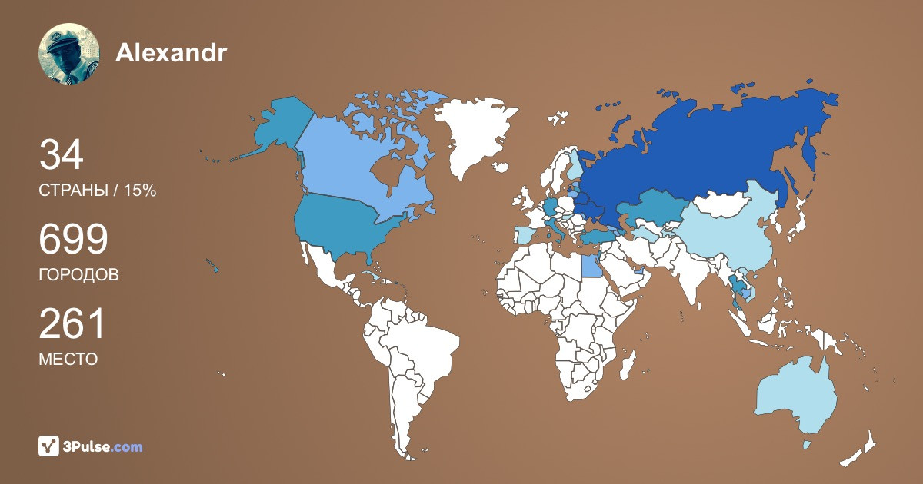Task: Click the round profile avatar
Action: [69, 54]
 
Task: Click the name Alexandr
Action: [172, 52]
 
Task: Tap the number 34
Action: [62, 156]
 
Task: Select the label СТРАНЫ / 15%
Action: [98, 191]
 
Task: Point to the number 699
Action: [73, 240]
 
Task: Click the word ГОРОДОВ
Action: [78, 275]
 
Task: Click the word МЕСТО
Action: [68, 359]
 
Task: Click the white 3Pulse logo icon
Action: [49, 446]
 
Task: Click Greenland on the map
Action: [473, 134]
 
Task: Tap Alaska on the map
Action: [281, 127]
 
